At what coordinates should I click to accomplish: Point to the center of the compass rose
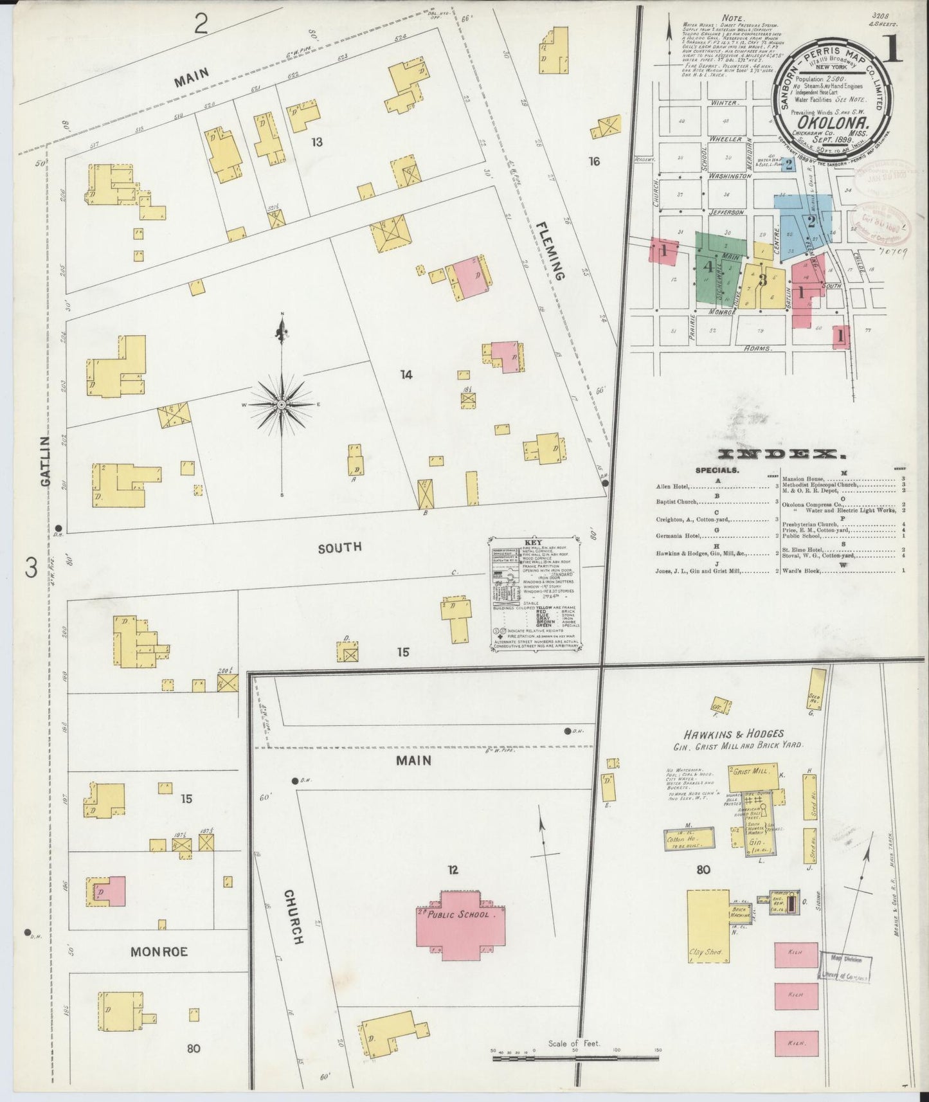tap(282, 404)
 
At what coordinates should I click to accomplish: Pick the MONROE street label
tap(159, 951)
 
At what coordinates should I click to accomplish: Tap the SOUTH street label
tap(339, 547)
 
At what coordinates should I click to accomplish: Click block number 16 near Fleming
tap(593, 161)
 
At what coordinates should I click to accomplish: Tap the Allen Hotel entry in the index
tap(672, 487)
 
